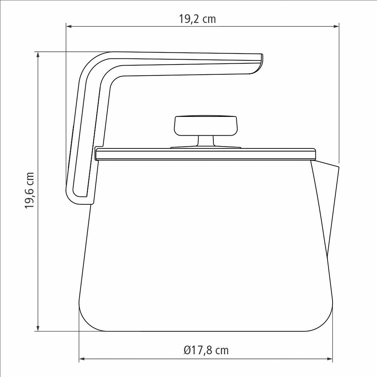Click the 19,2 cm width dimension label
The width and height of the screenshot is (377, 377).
click(x=197, y=19)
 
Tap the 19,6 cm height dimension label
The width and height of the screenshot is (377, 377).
click(x=30, y=190)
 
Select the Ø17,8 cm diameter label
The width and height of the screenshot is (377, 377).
click(x=206, y=350)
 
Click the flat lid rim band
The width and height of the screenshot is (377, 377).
click(x=205, y=154)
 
